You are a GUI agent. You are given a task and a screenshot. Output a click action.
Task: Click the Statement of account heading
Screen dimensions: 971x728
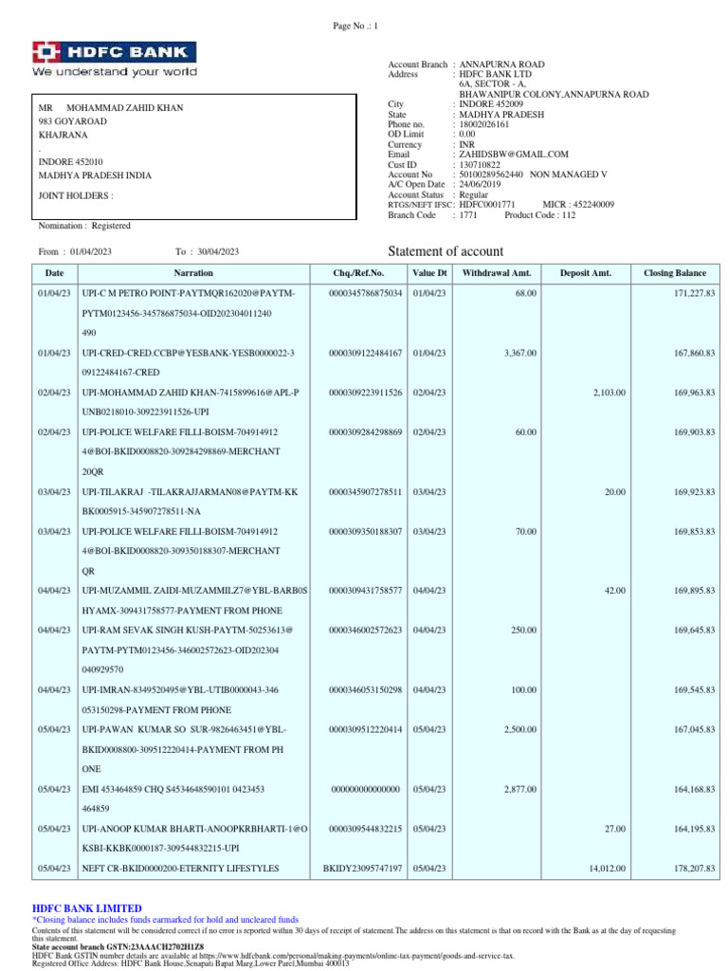point(446,251)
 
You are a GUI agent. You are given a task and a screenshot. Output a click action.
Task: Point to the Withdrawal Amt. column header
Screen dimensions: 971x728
point(497,273)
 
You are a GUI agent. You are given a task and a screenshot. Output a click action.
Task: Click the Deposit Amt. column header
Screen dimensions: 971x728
point(586,273)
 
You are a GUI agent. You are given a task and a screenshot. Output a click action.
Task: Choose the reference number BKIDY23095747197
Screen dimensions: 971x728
point(363,869)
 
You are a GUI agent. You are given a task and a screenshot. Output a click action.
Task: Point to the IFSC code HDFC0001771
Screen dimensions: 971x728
point(486,204)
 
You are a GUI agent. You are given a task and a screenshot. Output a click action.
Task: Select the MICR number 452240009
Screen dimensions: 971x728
point(593,204)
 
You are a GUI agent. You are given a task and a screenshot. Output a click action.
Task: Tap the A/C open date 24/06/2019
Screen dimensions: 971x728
point(482,184)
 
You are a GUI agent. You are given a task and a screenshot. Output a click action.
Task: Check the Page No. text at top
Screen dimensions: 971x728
point(355,26)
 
